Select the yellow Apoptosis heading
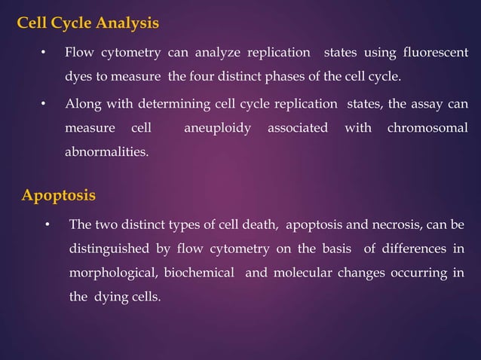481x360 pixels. (59, 196)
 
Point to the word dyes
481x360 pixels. (78, 77)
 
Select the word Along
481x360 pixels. (81, 103)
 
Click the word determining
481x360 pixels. (163, 103)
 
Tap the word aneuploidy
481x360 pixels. (218, 127)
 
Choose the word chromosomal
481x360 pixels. (427, 127)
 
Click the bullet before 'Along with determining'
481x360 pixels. (43, 104)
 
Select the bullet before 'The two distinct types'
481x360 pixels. (47, 225)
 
